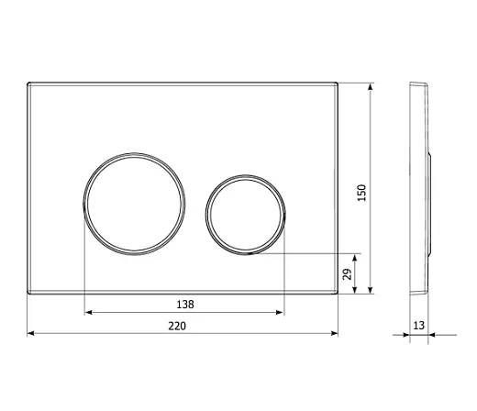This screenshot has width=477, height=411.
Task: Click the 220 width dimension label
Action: (177, 326)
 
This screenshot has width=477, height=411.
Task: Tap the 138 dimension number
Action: (185, 305)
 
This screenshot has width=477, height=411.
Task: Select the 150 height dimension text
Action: (361, 193)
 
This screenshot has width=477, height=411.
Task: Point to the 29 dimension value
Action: (348, 274)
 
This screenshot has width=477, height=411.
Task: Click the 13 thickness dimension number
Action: (418, 326)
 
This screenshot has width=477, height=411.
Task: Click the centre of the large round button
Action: (134, 204)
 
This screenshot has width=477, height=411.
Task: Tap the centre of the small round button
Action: (246, 215)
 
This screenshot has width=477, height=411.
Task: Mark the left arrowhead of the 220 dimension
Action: (31, 333)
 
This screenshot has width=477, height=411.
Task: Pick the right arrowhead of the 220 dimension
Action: (334, 333)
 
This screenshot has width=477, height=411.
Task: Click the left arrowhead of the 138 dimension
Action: (88, 312)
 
